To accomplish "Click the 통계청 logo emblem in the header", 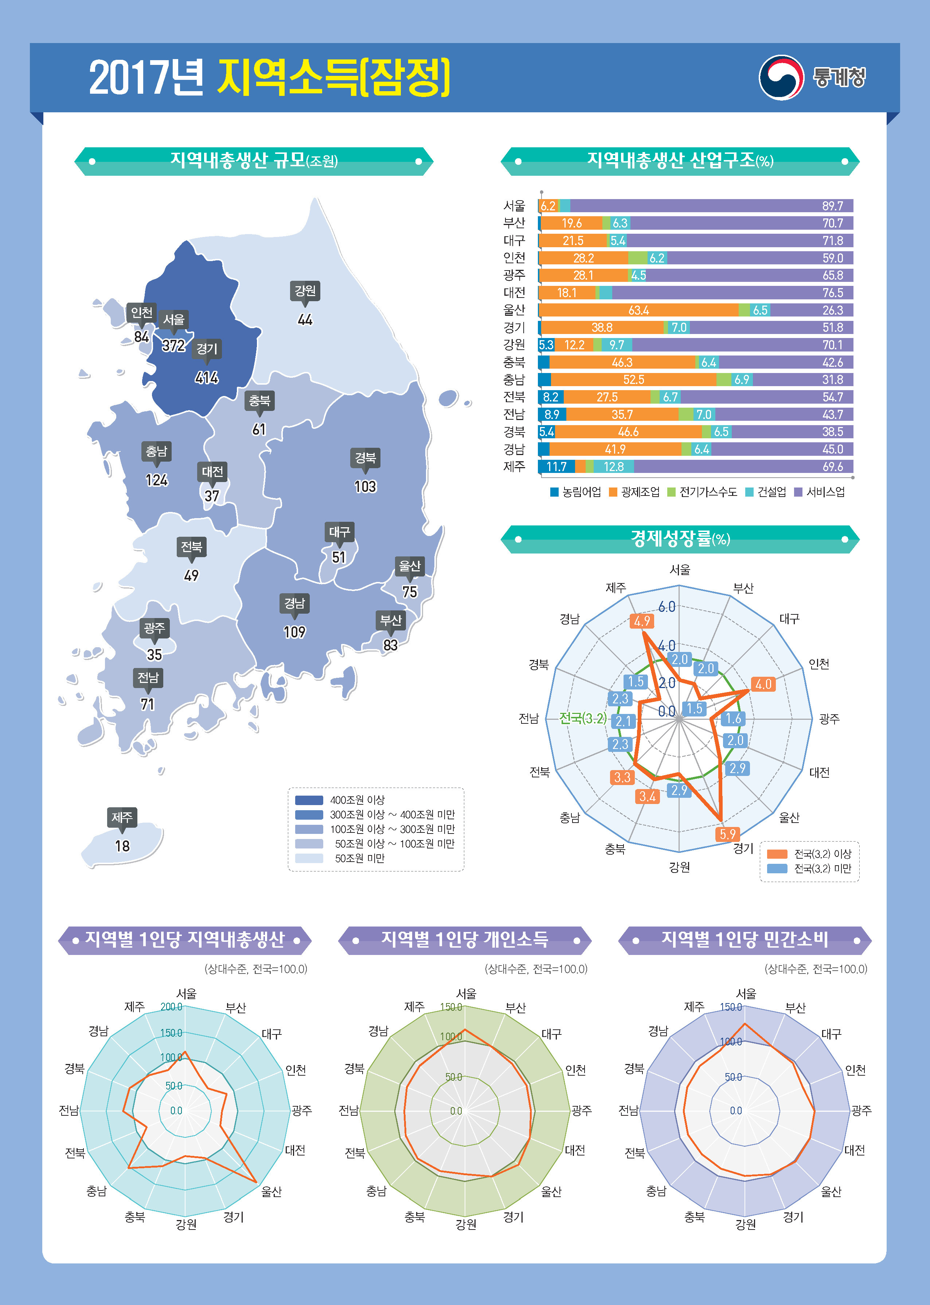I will [781, 77].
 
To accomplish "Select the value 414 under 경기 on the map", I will [207, 377].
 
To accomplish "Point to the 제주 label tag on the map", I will [122, 817].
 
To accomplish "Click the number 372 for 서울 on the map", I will [173, 345].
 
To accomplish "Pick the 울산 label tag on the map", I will [410, 566].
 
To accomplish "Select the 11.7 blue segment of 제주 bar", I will [556, 466].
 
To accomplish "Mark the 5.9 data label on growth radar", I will [727, 834].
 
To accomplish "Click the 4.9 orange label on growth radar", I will [641, 621].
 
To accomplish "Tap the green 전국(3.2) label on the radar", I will [582, 718].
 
